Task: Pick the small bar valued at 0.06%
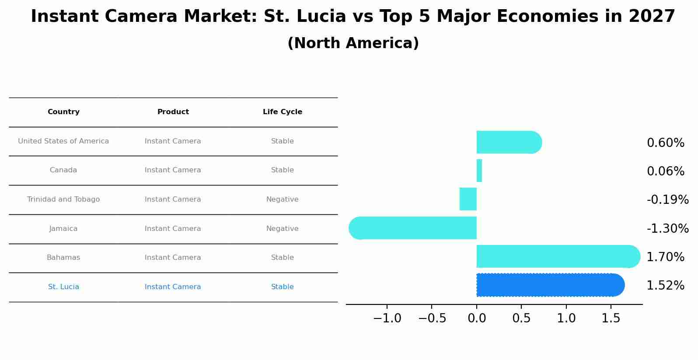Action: tap(479, 171)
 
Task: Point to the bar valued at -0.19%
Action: tap(468, 199)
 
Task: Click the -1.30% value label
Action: tap(667, 228)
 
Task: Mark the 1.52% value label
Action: tap(665, 286)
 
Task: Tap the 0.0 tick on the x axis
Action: tap(477, 318)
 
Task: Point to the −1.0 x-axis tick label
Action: tap(387, 318)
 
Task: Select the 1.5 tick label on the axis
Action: tap(611, 318)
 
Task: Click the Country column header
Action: tap(63, 112)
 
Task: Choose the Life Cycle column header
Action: tap(283, 112)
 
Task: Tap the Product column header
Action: tap(173, 112)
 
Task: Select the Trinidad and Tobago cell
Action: tap(63, 199)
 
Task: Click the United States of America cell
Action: tap(63, 141)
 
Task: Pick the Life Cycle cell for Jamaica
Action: tap(283, 229)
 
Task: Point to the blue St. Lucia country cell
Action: tap(63, 287)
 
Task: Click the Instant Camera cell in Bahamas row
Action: tap(173, 258)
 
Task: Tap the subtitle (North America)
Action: tap(353, 43)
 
